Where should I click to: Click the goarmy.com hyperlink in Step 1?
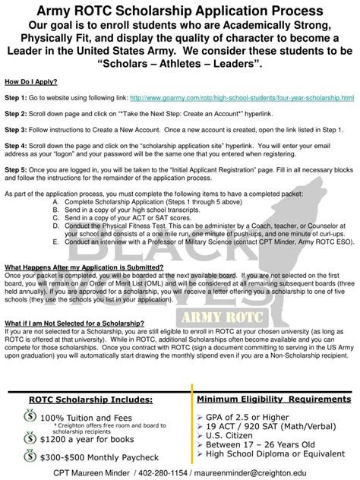(x=242, y=98)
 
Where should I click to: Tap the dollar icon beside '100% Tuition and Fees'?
(x=30, y=417)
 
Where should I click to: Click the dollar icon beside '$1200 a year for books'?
(x=30, y=438)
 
